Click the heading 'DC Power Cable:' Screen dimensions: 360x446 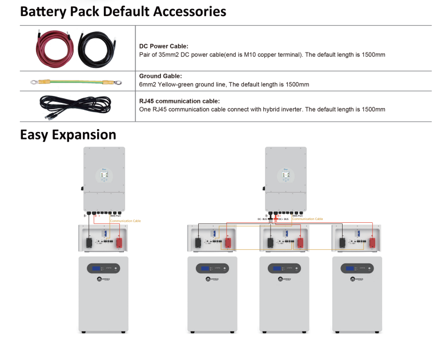coord(164,46)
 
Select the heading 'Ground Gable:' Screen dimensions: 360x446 coord(160,75)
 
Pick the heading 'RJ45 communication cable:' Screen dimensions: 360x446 coord(179,101)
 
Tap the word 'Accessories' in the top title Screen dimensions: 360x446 coord(188,11)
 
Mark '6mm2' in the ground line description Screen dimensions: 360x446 coord(148,84)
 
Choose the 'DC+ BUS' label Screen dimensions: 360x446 coord(284,219)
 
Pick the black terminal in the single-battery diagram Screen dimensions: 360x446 coord(89,242)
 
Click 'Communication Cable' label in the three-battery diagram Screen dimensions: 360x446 coord(308,219)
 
